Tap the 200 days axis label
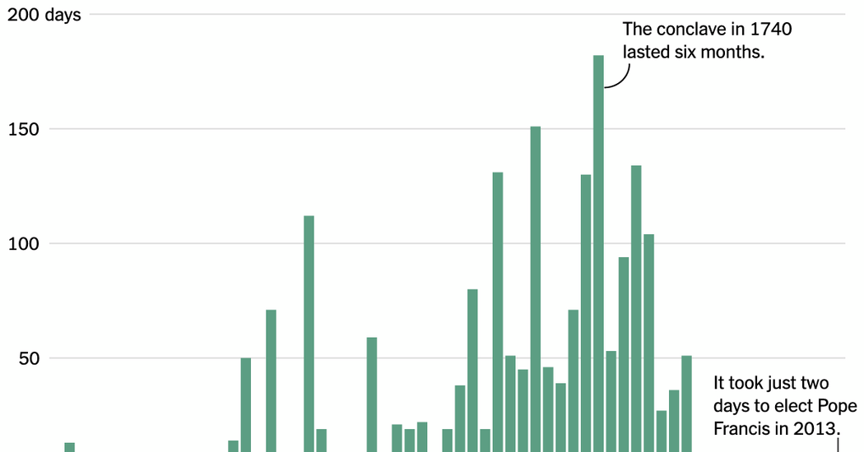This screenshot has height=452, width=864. coord(44,15)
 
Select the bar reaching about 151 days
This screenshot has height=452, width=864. coord(536,288)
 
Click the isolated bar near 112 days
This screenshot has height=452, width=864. coord(309,329)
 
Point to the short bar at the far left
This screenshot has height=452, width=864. coord(70,447)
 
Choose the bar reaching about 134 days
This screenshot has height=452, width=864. coord(636,304)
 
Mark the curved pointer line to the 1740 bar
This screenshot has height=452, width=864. coord(620,78)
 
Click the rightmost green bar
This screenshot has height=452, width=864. coord(686,403)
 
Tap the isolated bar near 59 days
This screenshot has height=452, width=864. coord(372,394)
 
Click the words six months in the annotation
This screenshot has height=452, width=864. coord(727,52)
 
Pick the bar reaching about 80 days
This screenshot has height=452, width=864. coord(472,370)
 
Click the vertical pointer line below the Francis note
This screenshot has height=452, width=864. coord(838,445)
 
